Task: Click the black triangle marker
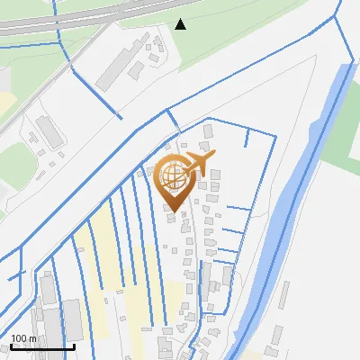click(x=181, y=24)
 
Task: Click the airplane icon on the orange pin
click(x=197, y=164)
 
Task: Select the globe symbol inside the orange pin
click(x=172, y=175)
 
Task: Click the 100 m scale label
click(x=24, y=338)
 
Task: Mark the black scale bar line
click(x=41, y=346)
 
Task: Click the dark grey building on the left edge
click(x=49, y=131)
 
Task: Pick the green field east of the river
click(x=343, y=135)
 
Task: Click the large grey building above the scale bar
click(x=72, y=319)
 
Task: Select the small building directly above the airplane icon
click(x=209, y=132)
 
